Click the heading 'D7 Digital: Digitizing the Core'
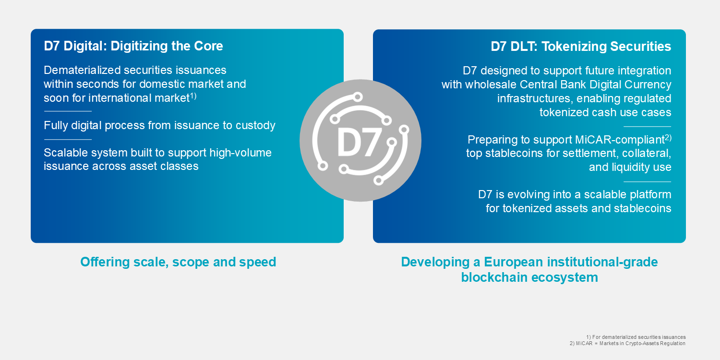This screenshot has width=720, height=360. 133,46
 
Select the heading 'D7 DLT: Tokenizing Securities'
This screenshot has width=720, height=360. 581,47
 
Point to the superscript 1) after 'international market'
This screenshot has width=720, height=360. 193,96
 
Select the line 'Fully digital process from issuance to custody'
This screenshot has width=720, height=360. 159,126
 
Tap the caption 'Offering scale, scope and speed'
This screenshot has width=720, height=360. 178,262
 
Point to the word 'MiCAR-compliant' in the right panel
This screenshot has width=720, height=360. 619,140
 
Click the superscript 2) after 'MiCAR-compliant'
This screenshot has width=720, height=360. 668,137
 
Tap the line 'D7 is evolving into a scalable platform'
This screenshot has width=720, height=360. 575,194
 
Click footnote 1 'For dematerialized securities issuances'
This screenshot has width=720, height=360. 636,337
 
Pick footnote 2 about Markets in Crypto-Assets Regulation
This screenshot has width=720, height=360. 627,344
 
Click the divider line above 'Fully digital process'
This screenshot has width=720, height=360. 67,111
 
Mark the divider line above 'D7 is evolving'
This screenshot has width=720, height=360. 647,181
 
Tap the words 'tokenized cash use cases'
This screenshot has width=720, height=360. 605,112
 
